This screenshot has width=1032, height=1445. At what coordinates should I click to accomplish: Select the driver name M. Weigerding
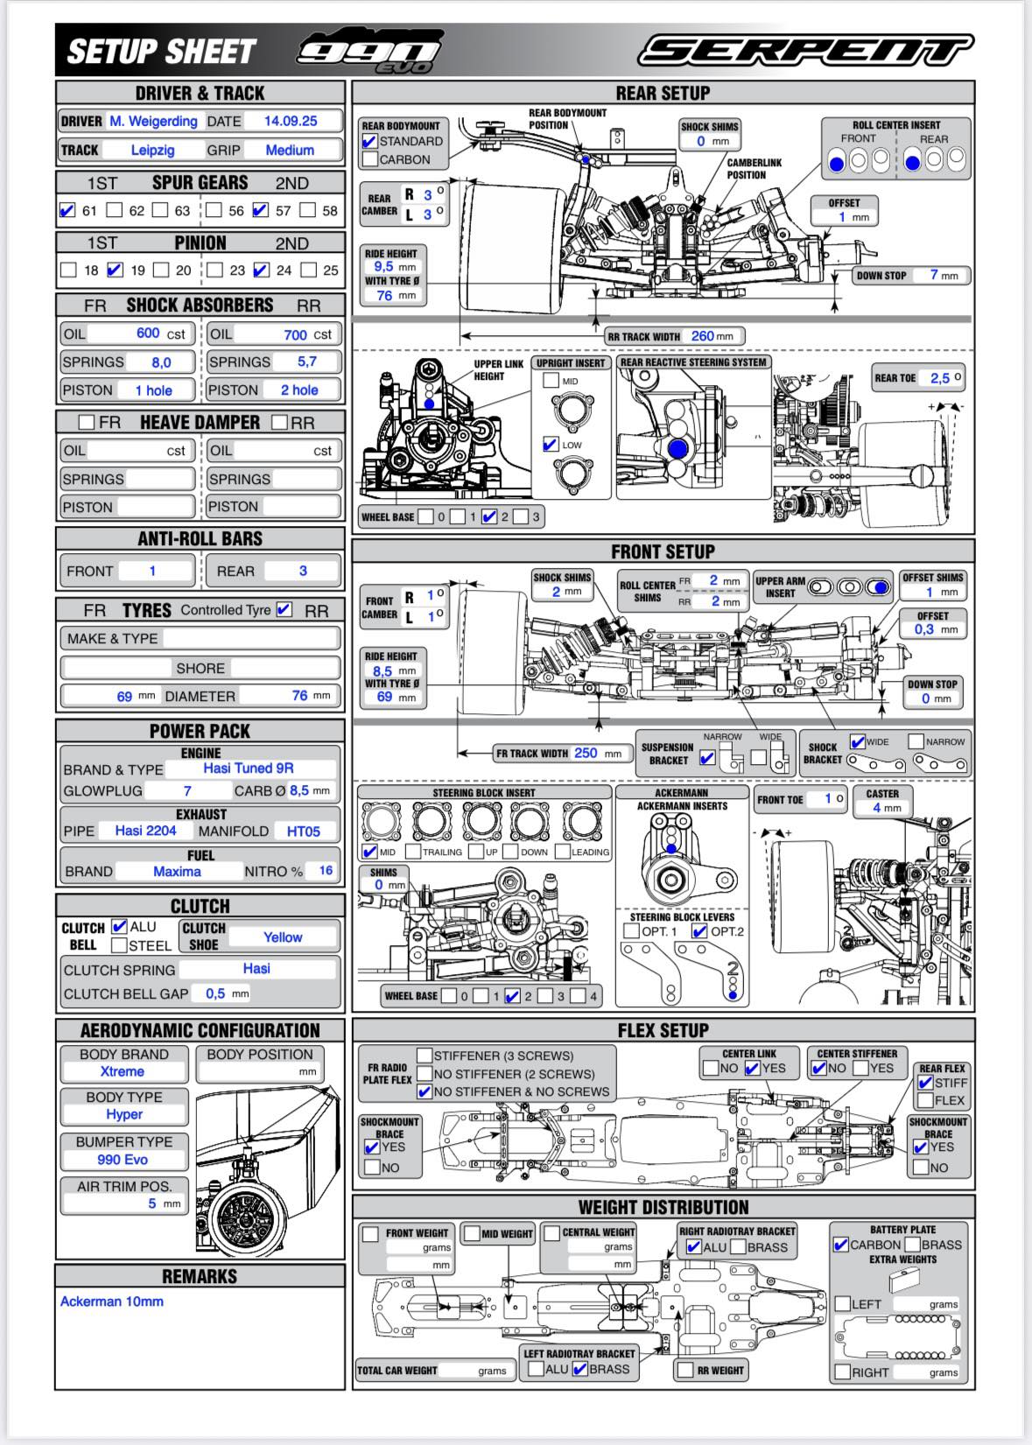pos(153,121)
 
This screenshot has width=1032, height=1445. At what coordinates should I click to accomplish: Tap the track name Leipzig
pos(152,150)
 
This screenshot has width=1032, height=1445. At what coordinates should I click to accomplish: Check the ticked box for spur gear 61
pos(67,210)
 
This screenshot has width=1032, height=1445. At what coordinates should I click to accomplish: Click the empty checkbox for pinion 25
pos(308,270)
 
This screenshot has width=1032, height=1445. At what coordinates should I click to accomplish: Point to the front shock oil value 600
pos(147,333)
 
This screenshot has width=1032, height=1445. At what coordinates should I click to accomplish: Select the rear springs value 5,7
pos(306,361)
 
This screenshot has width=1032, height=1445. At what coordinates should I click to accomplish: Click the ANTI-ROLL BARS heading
pos(200,539)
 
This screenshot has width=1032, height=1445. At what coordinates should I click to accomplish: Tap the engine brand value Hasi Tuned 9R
pos(249,768)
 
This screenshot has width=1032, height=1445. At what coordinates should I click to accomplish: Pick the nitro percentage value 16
pos(325,871)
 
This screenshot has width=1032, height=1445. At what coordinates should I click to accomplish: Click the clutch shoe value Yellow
pos(282,937)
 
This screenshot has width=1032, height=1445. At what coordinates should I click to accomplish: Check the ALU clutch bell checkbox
pos(120,926)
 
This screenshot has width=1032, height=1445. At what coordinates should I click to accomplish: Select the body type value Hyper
pos(124,1114)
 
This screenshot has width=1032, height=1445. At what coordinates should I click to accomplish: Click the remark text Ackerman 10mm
pos(112,1301)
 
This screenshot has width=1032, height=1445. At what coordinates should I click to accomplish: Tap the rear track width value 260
pos(702,335)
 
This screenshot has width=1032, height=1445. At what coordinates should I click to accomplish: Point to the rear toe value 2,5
pos(939,378)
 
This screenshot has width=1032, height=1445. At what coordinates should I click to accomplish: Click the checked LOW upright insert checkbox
pos(551,444)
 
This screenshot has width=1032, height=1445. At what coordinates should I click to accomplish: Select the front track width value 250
pos(586,753)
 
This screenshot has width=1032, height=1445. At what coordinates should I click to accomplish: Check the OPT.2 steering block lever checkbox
pos(699,931)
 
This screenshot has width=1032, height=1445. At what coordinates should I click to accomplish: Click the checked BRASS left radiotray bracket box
pos(579,1369)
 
